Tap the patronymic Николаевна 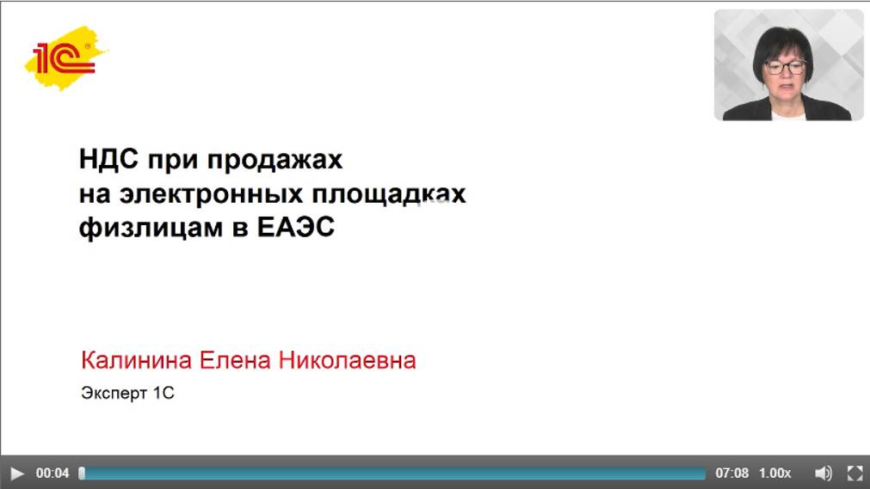pos(347,360)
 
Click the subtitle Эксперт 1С pos(127,394)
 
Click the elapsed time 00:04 pos(52,473)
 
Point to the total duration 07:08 pos(731,473)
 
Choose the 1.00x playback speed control pos(774,473)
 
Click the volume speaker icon pos(824,473)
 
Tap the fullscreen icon pos(855,473)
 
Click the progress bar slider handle pos(82,473)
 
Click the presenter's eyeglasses pos(785,66)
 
